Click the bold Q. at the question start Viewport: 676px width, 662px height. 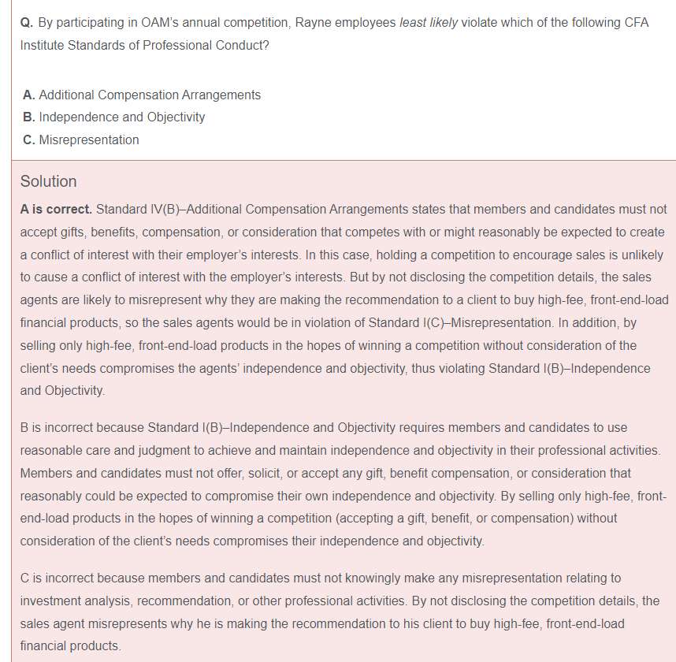coord(27,22)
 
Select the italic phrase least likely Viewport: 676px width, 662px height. coord(428,22)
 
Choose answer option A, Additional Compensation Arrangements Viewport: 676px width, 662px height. coord(142,95)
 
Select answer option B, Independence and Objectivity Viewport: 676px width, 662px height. coord(114,117)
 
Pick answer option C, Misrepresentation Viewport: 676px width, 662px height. coord(81,139)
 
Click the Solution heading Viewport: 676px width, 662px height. coord(48,181)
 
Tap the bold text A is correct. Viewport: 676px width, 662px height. coord(56,210)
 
